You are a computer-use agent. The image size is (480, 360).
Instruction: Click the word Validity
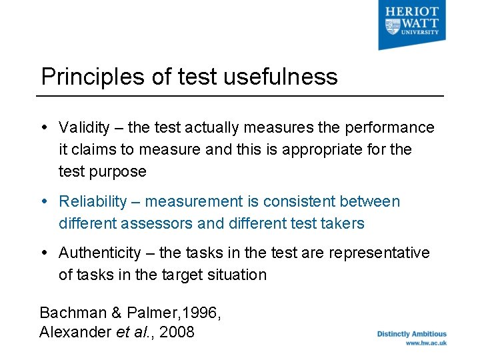[84, 127]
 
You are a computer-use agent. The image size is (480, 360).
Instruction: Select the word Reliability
[93, 201]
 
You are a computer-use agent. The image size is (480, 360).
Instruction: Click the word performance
[391, 127]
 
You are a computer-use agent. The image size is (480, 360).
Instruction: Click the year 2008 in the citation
[177, 331]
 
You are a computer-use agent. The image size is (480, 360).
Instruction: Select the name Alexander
[74, 331]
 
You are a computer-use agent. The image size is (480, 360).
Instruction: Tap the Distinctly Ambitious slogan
[412, 334]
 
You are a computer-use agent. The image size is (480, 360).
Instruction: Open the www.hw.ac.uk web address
[425, 343]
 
